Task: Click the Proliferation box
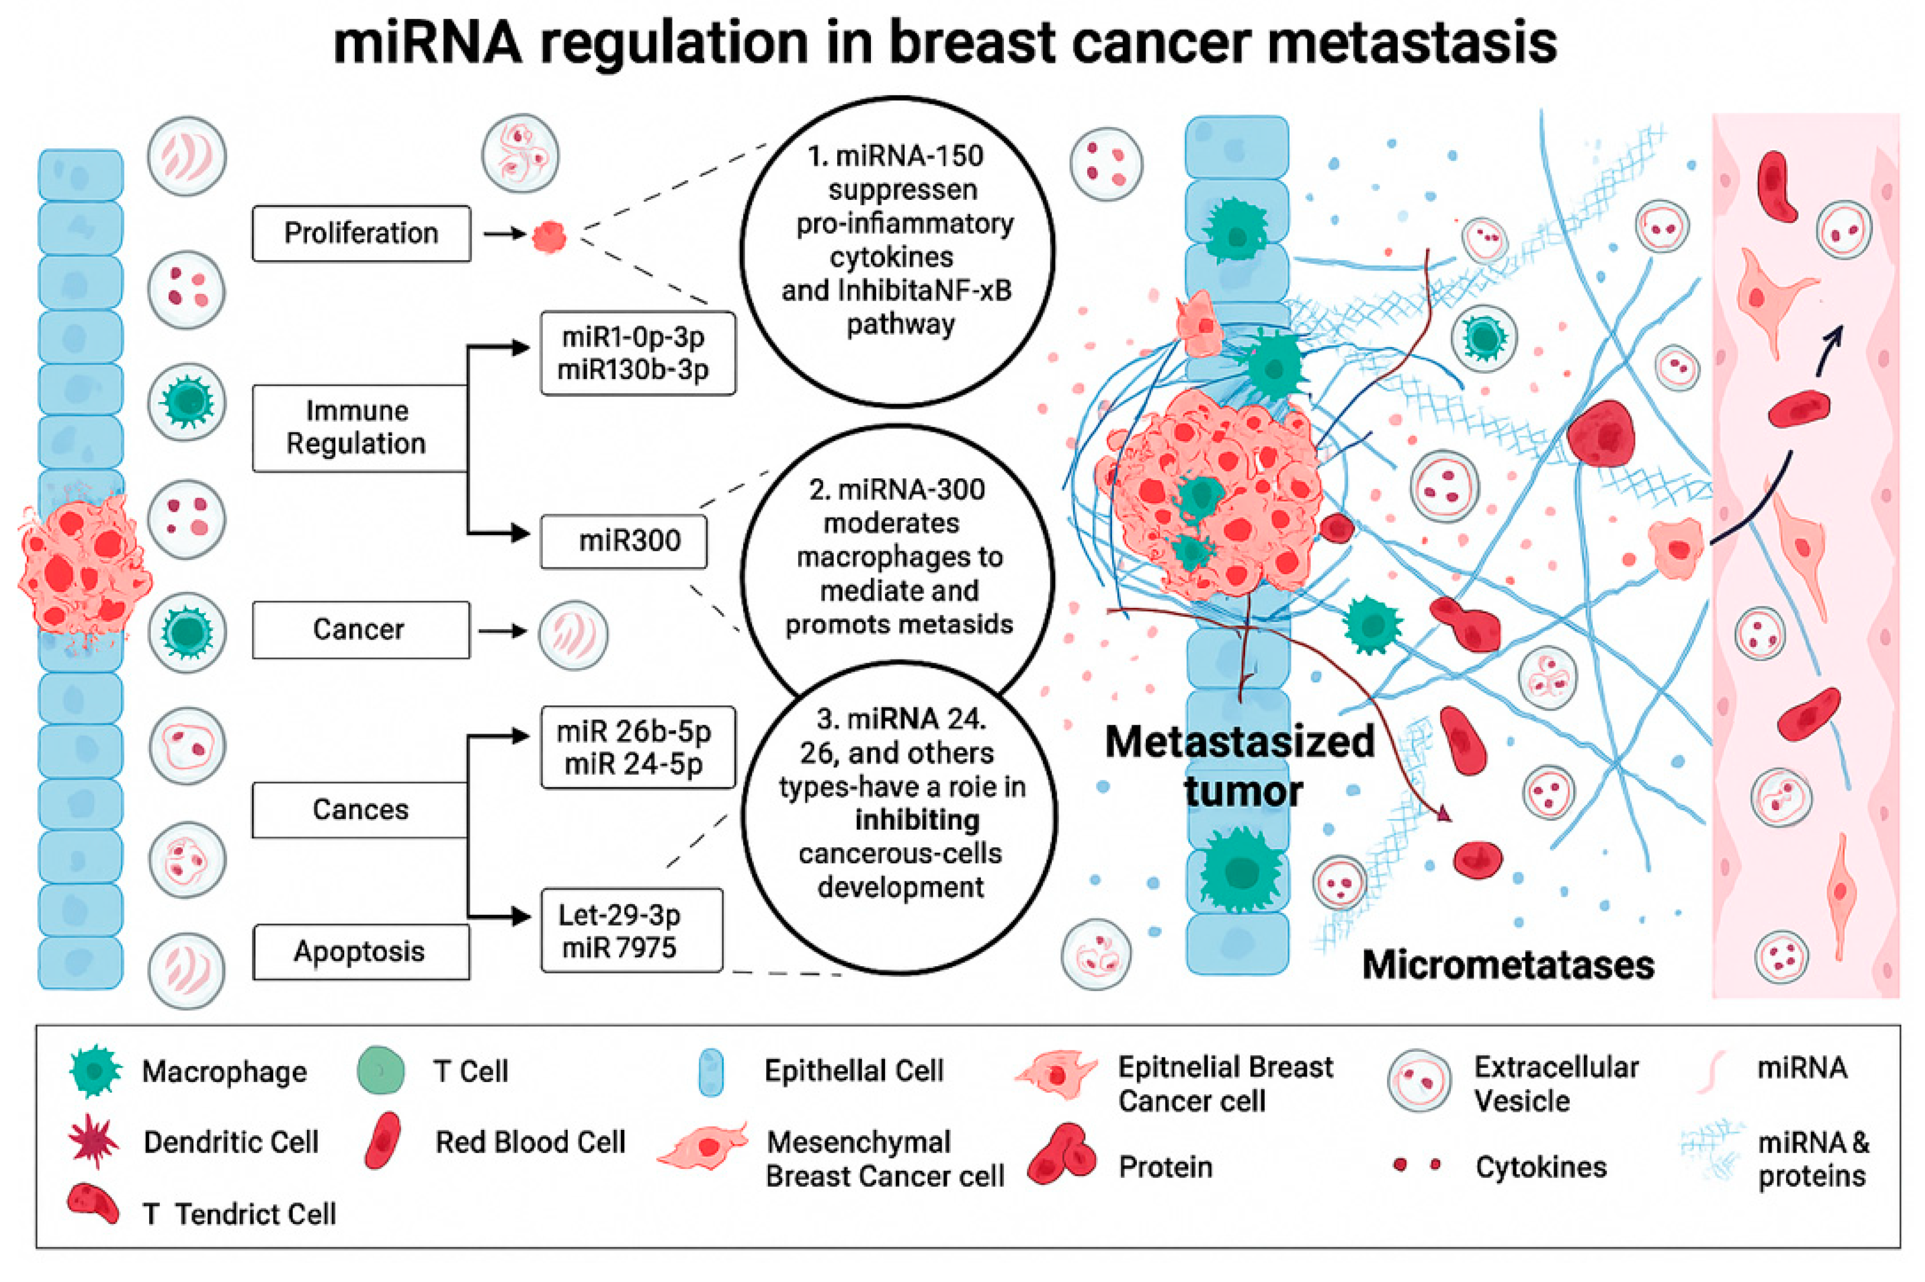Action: [361, 234]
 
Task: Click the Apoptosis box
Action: [361, 952]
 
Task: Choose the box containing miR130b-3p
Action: [637, 353]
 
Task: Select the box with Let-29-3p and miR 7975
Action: [631, 931]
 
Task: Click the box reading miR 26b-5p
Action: [637, 747]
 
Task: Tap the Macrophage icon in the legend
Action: [96, 1070]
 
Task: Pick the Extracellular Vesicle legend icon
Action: [1419, 1081]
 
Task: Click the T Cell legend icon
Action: [381, 1070]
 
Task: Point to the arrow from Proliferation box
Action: [503, 234]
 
